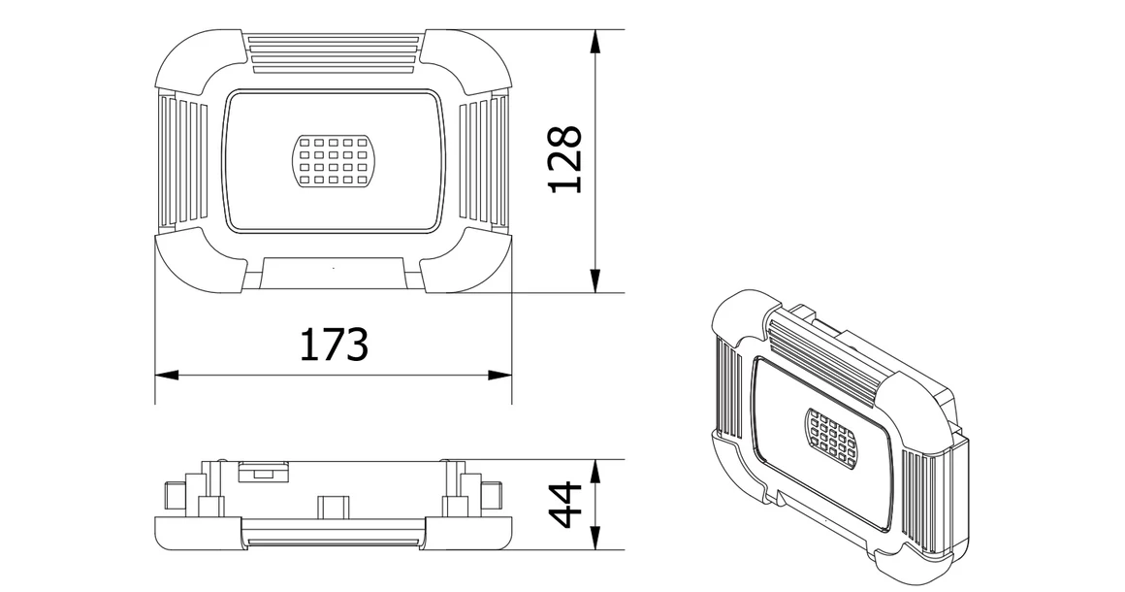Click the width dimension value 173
(333, 345)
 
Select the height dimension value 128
(564, 160)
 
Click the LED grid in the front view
(334, 159)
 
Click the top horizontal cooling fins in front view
(334, 52)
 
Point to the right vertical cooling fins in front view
(482, 160)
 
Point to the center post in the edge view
(333, 508)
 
